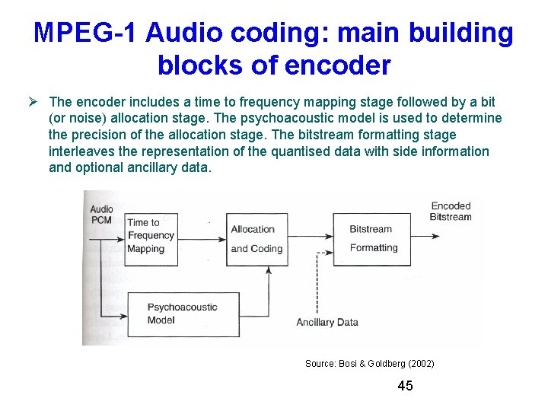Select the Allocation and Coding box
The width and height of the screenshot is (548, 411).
(256, 238)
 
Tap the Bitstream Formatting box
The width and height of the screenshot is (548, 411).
(373, 238)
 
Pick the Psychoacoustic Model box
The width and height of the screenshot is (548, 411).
(172, 314)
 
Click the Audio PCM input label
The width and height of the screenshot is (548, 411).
(101, 214)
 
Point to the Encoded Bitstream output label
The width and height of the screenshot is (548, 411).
(451, 211)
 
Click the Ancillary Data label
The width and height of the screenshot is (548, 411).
(327, 322)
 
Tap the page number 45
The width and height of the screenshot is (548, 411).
(405, 386)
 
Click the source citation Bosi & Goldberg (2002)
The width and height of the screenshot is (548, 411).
(369, 364)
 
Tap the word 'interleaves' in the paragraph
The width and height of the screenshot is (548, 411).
(81, 151)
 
